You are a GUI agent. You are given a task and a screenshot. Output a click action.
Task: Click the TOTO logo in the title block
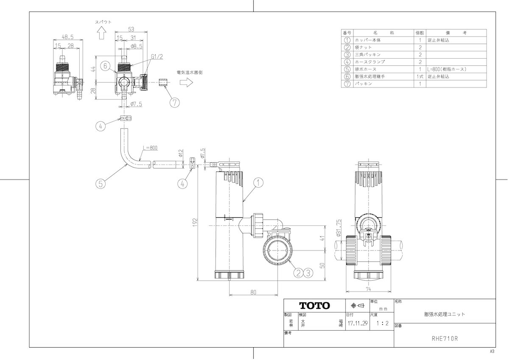coord(314,306)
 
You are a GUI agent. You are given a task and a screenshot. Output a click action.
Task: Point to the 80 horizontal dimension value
coord(253,292)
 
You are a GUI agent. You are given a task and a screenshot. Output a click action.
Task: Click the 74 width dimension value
coord(368,289)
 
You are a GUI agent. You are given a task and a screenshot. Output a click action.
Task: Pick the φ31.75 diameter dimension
coord(339,228)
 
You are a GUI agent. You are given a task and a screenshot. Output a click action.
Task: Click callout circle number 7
coord(175,103)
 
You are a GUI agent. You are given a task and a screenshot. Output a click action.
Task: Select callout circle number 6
coord(105,66)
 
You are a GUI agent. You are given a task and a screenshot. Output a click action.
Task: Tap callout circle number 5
coord(101,184)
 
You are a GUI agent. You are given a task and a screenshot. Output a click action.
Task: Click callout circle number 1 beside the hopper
coord(258,183)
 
